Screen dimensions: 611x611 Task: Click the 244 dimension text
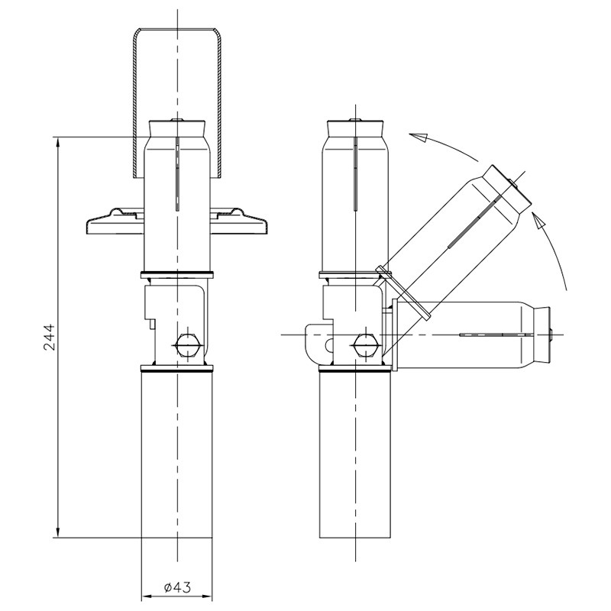coord(50,337)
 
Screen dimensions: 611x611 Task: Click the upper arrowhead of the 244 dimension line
coord(58,142)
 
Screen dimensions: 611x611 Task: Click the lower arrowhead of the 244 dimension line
coord(58,532)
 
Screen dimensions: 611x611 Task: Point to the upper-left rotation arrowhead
coord(418,137)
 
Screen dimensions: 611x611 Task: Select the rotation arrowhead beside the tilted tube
coord(539,221)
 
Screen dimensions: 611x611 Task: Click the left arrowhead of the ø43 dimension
coord(146,596)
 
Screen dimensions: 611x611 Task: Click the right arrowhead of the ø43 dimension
coord(207,596)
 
